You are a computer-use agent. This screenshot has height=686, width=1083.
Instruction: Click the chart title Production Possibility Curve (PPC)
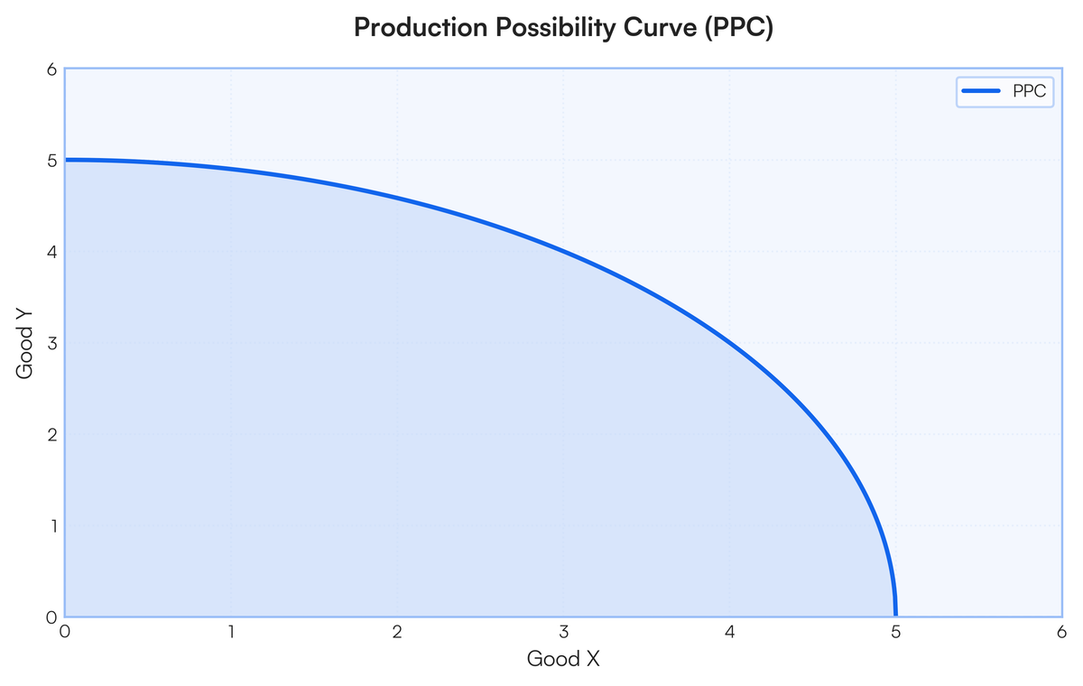pyautogui.click(x=564, y=27)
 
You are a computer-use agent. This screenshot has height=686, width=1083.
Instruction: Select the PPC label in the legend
pyautogui.click(x=1030, y=91)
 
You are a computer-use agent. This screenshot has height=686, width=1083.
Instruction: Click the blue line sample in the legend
pyautogui.click(x=981, y=91)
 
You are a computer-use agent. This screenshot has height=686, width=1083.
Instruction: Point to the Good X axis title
pyautogui.click(x=563, y=658)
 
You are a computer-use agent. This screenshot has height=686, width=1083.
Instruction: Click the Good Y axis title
pyautogui.click(x=24, y=343)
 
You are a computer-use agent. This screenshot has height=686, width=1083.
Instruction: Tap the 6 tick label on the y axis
pyautogui.click(x=51, y=70)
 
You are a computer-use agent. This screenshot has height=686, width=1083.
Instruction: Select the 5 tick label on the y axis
pyautogui.click(x=51, y=161)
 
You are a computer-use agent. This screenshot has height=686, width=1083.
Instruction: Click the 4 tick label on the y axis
pyautogui.click(x=51, y=252)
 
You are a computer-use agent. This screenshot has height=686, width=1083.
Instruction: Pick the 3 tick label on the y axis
pyautogui.click(x=51, y=343)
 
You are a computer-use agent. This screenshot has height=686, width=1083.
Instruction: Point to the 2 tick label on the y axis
pyautogui.click(x=51, y=434)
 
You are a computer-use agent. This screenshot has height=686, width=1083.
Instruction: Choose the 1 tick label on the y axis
pyautogui.click(x=52, y=526)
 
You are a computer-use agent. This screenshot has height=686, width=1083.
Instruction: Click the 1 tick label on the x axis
pyautogui.click(x=232, y=631)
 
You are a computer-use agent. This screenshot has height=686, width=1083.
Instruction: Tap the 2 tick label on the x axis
pyautogui.click(x=397, y=631)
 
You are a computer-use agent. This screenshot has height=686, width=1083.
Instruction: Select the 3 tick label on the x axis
pyautogui.click(x=564, y=631)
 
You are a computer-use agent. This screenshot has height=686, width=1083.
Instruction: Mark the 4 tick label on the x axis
pyautogui.click(x=729, y=631)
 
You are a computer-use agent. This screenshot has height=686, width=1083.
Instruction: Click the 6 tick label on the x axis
pyautogui.click(x=1061, y=631)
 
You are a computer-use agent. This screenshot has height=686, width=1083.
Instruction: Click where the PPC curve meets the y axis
pyautogui.click(x=65, y=160)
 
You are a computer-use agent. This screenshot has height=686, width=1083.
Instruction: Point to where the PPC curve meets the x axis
pyautogui.click(x=895, y=616)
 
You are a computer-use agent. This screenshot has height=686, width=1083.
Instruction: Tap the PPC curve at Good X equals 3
pyautogui.click(x=564, y=252)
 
